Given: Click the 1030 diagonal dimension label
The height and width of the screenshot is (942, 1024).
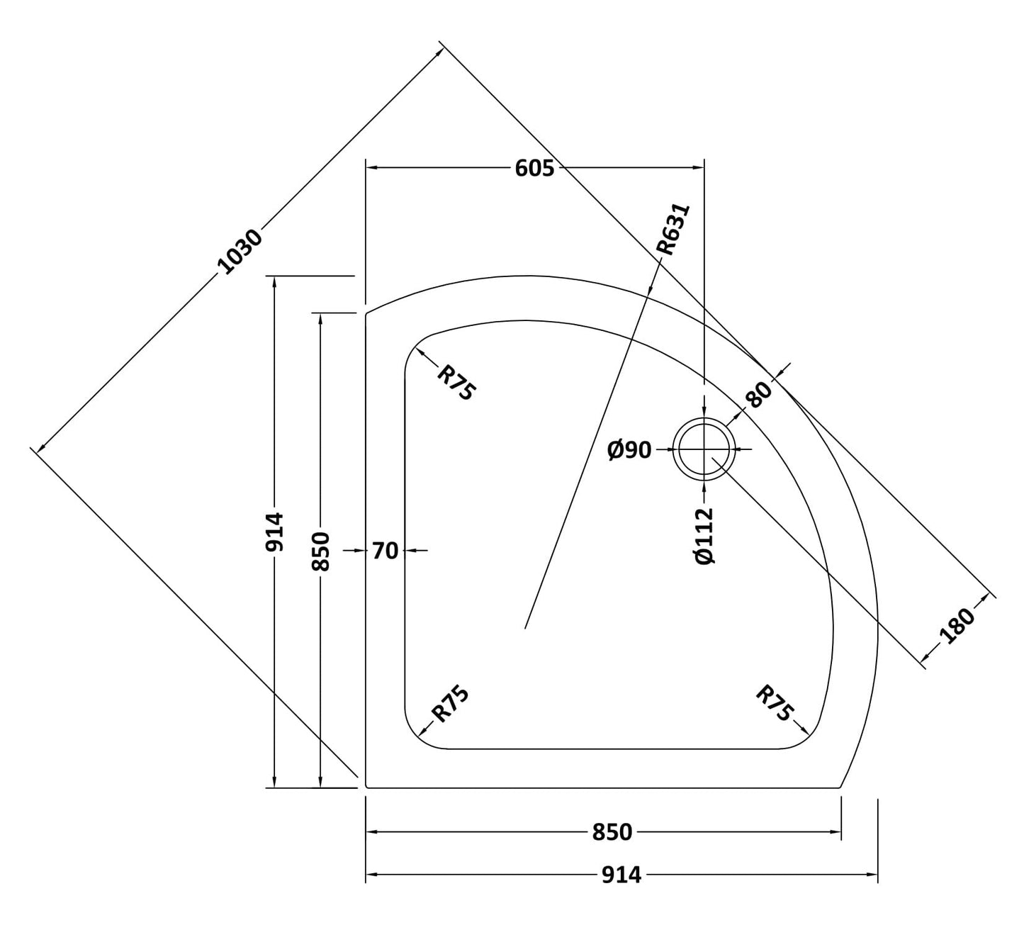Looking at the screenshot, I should point(240,252).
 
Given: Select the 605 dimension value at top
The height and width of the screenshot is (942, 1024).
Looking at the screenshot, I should point(534,168).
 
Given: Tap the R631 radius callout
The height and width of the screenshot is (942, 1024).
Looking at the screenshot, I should point(673,229).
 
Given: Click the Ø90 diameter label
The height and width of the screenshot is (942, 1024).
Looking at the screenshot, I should point(629,449).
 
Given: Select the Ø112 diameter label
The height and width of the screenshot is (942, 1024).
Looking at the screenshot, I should point(704,536).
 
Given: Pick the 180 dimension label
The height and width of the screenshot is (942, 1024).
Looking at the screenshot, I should point(959,625).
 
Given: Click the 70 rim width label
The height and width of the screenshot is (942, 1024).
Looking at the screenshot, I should point(385,550).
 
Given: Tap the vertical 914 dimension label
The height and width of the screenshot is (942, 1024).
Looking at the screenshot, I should point(274,532).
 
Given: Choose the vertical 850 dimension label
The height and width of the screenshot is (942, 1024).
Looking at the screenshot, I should point(321,551).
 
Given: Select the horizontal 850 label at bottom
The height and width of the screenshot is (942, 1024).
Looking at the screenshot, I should point(612,832).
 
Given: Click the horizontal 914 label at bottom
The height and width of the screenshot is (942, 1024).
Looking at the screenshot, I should point(621,875).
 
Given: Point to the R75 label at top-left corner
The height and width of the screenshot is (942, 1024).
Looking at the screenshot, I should point(455,383).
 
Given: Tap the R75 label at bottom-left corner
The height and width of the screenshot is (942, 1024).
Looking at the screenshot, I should point(451,704).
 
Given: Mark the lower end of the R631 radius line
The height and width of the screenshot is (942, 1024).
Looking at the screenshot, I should point(525,627).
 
